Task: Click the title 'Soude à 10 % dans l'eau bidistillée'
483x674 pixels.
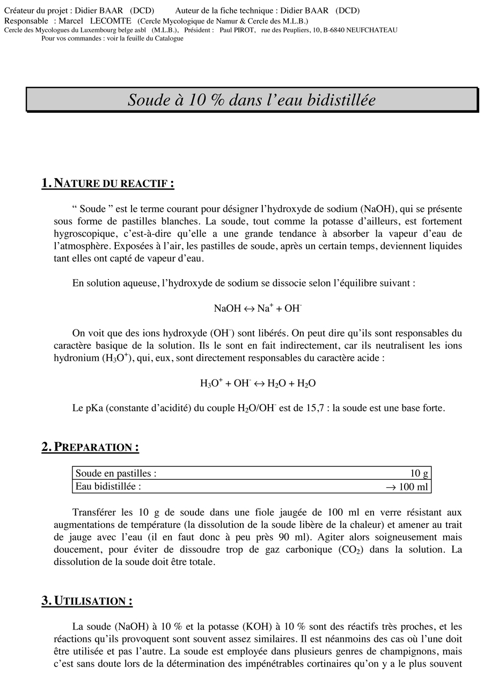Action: point(252,100)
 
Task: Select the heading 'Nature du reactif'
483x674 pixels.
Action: point(108,184)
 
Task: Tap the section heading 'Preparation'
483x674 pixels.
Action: point(90,447)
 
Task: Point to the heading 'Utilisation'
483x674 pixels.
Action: point(87,600)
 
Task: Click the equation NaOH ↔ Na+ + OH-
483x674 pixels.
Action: point(258,308)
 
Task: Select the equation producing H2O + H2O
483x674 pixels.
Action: point(258,383)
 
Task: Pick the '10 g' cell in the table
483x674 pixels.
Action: point(419,473)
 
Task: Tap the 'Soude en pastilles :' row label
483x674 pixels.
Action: point(116,473)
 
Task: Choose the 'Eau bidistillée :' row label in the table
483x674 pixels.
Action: point(108,487)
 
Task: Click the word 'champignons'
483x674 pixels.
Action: point(411,651)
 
